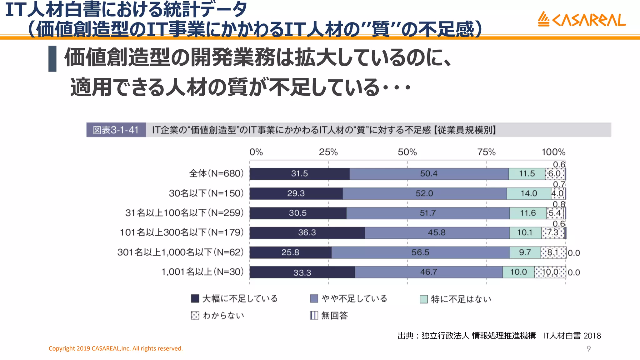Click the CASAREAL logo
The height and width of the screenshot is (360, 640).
[x=582, y=20]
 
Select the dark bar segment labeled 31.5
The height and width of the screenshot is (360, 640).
[x=299, y=174]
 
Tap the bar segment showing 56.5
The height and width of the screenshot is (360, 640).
[x=420, y=252]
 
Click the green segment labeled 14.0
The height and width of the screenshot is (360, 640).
[x=529, y=193]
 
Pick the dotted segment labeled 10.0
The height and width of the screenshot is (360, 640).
[x=550, y=272]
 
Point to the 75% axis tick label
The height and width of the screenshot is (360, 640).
[x=486, y=152]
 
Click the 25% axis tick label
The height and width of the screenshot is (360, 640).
[x=328, y=152]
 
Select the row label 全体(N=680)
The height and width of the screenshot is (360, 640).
[x=216, y=173]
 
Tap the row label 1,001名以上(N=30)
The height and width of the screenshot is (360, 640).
[x=202, y=272]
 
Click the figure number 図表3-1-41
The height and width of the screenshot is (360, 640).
[x=116, y=130]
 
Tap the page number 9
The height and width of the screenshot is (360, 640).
[x=589, y=349]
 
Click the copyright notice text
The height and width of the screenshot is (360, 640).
[x=116, y=348]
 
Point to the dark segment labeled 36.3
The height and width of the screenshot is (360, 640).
[x=307, y=233]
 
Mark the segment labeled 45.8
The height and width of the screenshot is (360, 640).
[x=437, y=233]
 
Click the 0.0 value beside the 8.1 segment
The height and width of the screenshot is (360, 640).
[x=574, y=253]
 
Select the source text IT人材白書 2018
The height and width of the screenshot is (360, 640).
[x=572, y=336]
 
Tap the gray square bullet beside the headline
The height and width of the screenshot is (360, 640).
[x=52, y=59]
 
